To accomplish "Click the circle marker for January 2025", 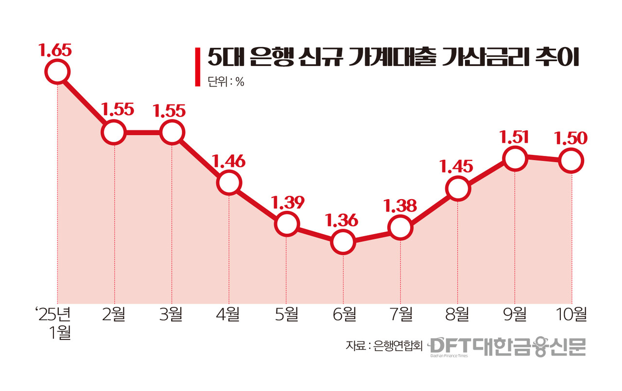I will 57,72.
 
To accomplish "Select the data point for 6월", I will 343,241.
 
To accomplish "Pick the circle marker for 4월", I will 229,183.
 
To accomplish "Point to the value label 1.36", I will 343,221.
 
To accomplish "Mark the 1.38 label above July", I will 400,206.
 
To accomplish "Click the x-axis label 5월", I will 286,314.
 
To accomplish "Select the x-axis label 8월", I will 458,314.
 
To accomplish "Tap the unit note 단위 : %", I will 225,82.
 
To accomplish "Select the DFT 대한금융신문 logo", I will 508,346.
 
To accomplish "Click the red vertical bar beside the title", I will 197,67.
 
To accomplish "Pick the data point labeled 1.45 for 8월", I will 458,188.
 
